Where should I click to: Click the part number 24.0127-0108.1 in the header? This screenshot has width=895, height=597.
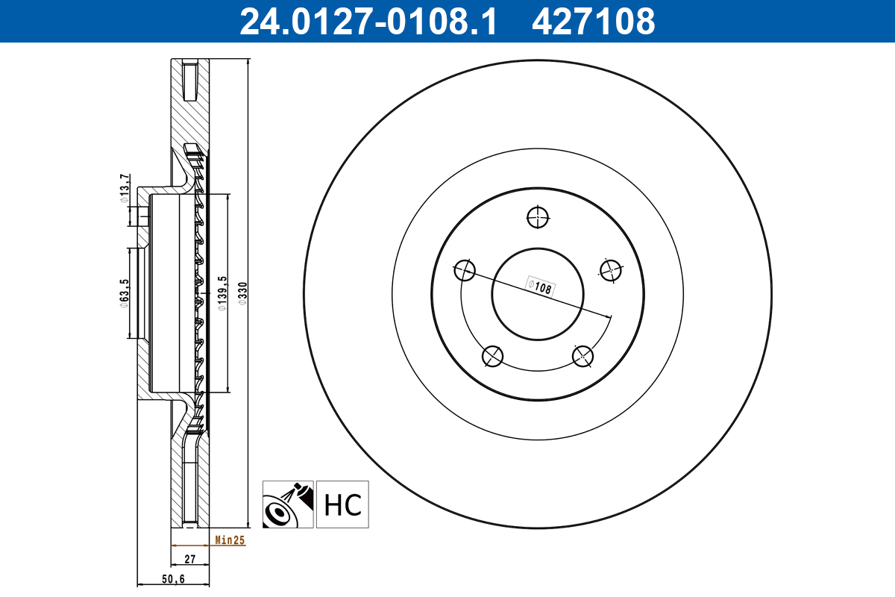367,21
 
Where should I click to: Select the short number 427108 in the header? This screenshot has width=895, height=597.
593,21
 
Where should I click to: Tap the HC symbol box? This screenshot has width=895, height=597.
342,504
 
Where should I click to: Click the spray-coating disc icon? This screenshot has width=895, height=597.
288,504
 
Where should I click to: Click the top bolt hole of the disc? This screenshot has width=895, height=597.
538,218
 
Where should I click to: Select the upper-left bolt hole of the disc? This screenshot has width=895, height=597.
465,270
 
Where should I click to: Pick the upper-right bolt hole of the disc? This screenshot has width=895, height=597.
610,270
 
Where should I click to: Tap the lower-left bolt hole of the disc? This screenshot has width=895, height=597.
492,357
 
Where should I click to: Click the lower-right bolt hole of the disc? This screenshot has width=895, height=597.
582,357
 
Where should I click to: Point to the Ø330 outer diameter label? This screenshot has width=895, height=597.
242,293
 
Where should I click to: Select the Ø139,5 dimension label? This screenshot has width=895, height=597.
221,293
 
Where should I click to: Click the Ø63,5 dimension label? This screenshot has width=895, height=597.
125,293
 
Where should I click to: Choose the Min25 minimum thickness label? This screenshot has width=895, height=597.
230,540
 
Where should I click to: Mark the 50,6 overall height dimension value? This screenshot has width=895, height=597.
174,579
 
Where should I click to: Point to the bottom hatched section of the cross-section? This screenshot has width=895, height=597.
177,485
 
